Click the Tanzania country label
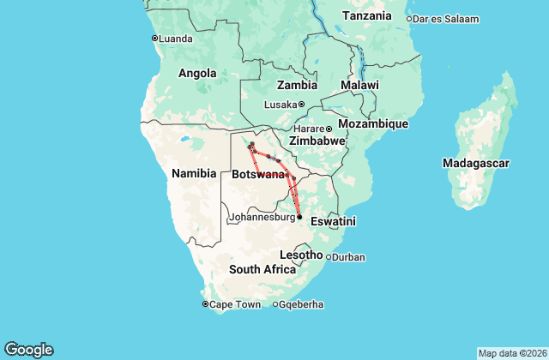[x=366, y=15]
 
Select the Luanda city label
[x=177, y=38]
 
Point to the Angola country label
[x=196, y=74]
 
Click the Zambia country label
[x=297, y=85]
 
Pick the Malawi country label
[x=359, y=86]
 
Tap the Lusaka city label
[x=280, y=105]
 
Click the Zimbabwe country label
[x=317, y=141]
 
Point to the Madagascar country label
[x=476, y=162]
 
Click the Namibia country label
[x=194, y=173]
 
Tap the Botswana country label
[x=258, y=175]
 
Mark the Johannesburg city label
[x=262, y=218]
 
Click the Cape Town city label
[x=234, y=304]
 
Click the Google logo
[x=28, y=349]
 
